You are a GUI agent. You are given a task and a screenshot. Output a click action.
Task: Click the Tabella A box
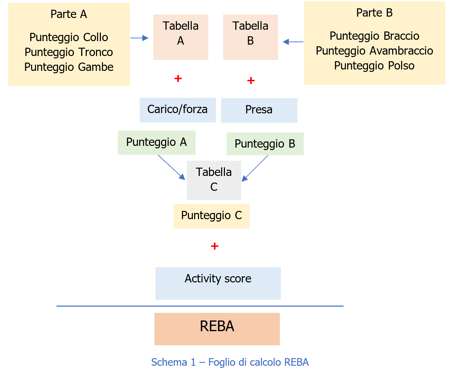pyautogui.click(x=181, y=37)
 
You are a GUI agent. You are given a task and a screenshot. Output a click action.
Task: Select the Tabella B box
pyautogui.click(x=250, y=37)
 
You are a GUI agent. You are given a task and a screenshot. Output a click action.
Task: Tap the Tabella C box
pyautogui.click(x=214, y=180)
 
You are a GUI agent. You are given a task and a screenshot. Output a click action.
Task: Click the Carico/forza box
pyautogui.click(x=178, y=110)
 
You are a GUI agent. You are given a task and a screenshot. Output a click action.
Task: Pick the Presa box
pyautogui.click(x=259, y=110)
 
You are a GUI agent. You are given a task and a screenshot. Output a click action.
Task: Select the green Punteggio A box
pyautogui.click(x=157, y=142)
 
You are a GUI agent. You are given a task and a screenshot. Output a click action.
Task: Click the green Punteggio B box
pyautogui.click(x=265, y=144)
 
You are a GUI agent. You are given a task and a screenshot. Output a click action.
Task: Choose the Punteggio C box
pyautogui.click(x=211, y=216)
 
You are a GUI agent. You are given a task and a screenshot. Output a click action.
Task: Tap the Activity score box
pyautogui.click(x=218, y=283)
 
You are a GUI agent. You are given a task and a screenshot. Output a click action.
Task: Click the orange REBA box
pyautogui.click(x=217, y=329)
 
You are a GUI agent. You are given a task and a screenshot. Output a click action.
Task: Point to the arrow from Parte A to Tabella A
pyautogui.click(x=140, y=38)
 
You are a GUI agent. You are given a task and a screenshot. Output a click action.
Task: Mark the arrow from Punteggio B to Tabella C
pyautogui.click(x=255, y=168)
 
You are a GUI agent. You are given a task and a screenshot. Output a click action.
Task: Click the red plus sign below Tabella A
pyautogui.click(x=178, y=78)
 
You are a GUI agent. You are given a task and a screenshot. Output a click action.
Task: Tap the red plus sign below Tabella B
pyautogui.click(x=251, y=81)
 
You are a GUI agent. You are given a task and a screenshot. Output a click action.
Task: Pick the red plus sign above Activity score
pyautogui.click(x=215, y=246)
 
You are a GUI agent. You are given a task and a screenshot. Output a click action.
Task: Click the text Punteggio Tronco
pyautogui.click(x=69, y=52)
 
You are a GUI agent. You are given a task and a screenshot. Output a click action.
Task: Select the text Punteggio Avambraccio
pyautogui.click(x=374, y=51)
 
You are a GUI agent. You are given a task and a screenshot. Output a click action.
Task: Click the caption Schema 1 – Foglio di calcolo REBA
pyautogui.click(x=230, y=362)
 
